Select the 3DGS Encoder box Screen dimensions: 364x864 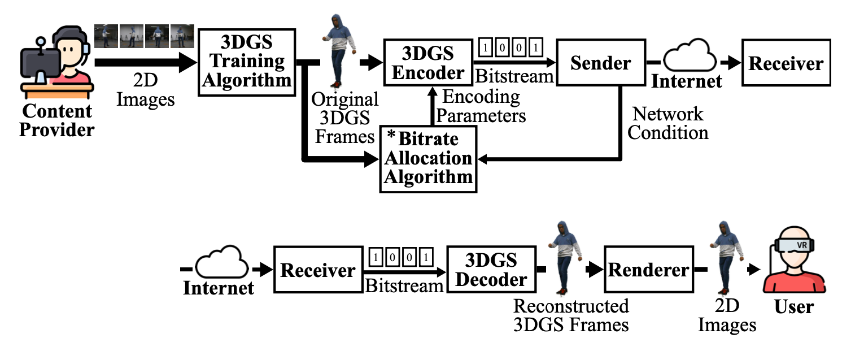(427, 63)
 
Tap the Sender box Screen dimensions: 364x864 (600, 63)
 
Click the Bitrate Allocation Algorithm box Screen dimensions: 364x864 (428, 159)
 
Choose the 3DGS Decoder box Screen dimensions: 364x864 (491, 270)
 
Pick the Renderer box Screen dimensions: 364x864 (648, 270)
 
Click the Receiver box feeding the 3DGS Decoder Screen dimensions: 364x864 (318, 270)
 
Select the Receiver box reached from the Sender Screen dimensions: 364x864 (786, 63)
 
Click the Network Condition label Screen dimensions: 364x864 (668, 123)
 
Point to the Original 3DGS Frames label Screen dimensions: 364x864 (345, 118)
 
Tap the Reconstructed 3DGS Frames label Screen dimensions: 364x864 (570, 315)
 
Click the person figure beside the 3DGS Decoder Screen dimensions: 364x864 (562, 258)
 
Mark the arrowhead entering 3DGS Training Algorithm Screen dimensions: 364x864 (188, 62)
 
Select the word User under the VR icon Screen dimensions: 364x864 (794, 306)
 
